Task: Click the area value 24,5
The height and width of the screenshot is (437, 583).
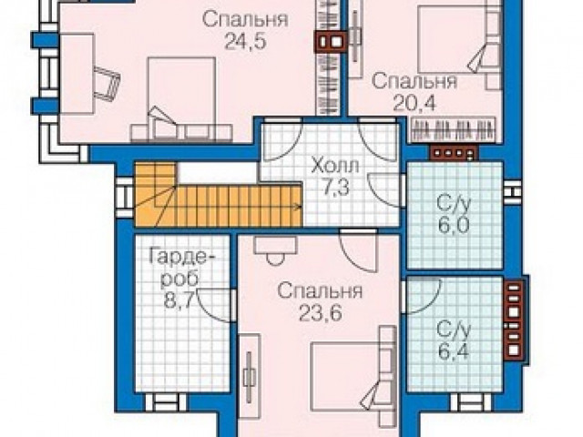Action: coord(245,42)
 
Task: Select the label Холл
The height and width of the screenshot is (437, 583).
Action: coord(335,166)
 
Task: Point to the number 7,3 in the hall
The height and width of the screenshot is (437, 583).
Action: coord(335,188)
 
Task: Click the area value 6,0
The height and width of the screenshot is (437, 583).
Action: coord(454,226)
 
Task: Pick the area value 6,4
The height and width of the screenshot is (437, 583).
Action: coord(454,352)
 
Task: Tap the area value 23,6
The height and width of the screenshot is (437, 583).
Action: coord(320,314)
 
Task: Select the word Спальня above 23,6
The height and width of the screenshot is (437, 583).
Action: coord(320,291)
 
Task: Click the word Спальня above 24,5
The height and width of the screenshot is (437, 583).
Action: coord(245,19)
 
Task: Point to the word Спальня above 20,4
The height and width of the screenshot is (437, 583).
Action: coord(414,81)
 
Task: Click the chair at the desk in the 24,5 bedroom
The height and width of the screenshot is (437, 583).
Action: coord(107,84)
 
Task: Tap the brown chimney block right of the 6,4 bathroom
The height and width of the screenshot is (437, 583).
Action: coord(514,320)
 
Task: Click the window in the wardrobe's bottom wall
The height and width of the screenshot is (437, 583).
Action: coord(166,401)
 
